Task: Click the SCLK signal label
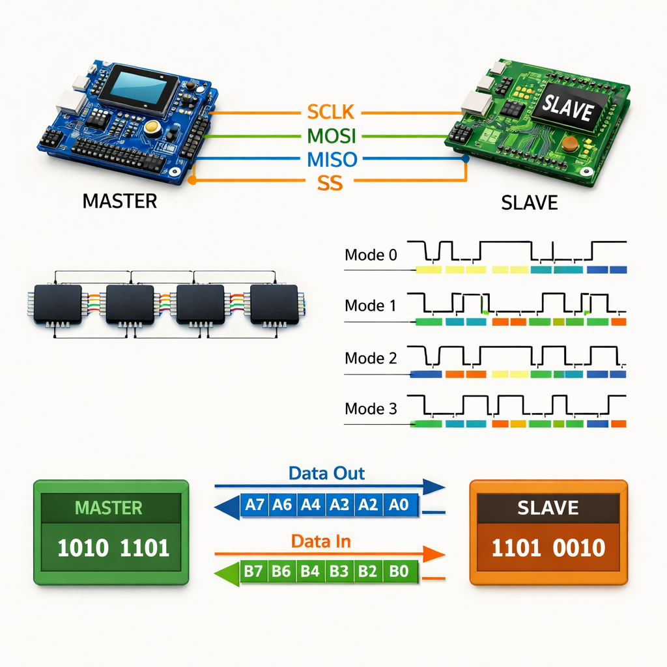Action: (330, 112)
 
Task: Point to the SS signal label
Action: (330, 183)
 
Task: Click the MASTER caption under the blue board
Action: (120, 201)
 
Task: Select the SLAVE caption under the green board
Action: (530, 203)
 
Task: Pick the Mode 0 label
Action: (370, 255)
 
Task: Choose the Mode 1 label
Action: (370, 305)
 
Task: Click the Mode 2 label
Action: (370, 358)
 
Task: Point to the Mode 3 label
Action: (370, 409)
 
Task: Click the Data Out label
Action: (327, 474)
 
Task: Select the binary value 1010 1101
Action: (113, 548)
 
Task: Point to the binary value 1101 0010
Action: (548, 548)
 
